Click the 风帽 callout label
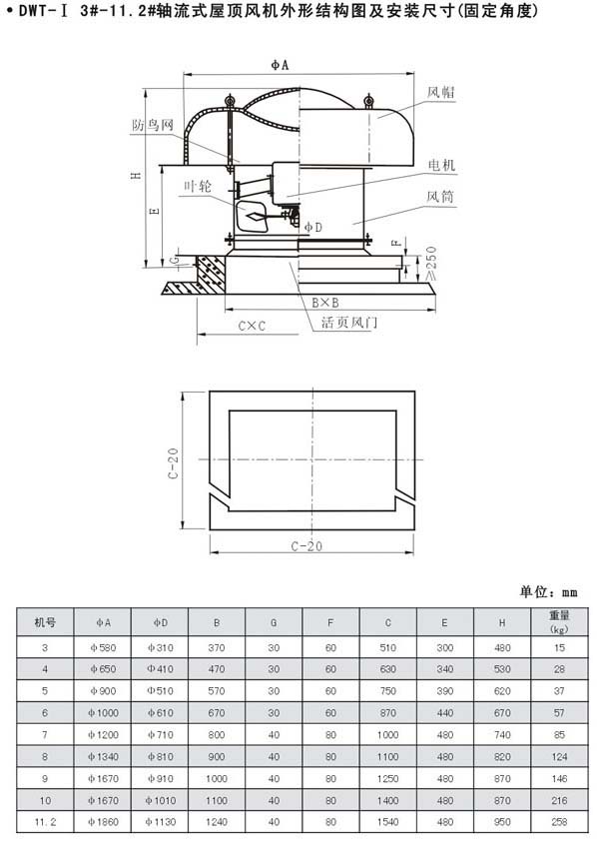click(x=441, y=92)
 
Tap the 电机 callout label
click(x=441, y=165)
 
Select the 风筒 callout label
click(x=440, y=197)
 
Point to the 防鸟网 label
click(x=154, y=125)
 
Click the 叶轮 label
click(x=198, y=186)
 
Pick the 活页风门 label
click(x=349, y=322)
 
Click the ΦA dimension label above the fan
click(x=280, y=65)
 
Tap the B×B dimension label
click(x=325, y=303)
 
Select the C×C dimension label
click(x=252, y=326)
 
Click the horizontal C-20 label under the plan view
click(x=307, y=546)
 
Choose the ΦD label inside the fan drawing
click(x=313, y=228)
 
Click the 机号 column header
click(x=45, y=622)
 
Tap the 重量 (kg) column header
click(x=559, y=622)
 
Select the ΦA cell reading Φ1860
click(x=103, y=822)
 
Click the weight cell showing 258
click(x=559, y=822)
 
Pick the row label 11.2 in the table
click(x=45, y=822)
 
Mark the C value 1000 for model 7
click(x=387, y=735)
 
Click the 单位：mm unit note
click(x=548, y=591)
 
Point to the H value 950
click(x=502, y=822)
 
